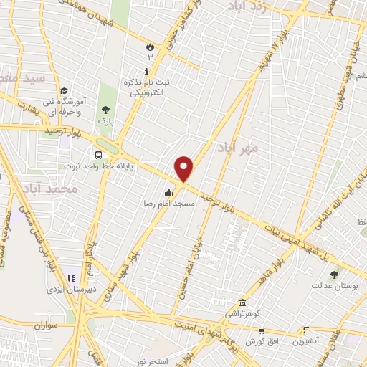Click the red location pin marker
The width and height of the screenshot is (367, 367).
(x=184, y=169)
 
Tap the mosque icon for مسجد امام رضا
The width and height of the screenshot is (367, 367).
(x=169, y=192)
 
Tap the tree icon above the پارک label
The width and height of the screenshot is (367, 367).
(x=106, y=110)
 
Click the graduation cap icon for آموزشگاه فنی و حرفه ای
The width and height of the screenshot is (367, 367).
(x=64, y=91)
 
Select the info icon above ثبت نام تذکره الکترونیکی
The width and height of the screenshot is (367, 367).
(x=147, y=71)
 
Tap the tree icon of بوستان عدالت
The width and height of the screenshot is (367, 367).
(x=334, y=274)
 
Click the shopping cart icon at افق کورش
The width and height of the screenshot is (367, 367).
(x=262, y=331)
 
